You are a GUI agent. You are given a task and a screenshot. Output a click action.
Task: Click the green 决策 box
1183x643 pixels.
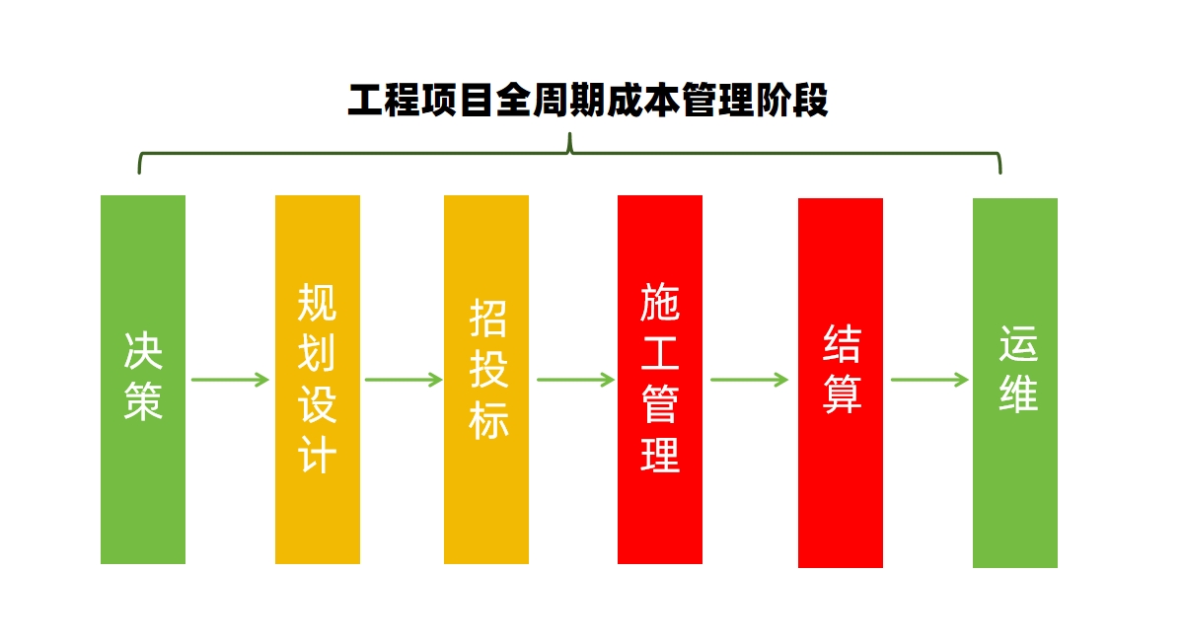click(143, 379)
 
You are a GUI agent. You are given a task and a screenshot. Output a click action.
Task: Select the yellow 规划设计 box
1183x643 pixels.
click(318, 379)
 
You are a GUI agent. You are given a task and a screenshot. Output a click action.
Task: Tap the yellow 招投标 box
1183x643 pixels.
click(485, 379)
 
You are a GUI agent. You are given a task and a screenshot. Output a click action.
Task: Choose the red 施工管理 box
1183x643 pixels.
click(660, 379)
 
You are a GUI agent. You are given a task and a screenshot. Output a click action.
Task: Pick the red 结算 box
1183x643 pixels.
click(841, 383)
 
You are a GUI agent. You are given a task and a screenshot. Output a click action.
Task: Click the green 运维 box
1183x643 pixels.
click(1014, 383)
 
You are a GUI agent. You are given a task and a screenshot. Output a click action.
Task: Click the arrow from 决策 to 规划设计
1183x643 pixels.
click(230, 379)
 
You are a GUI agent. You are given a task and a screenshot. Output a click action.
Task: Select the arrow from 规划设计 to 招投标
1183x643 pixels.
click(404, 379)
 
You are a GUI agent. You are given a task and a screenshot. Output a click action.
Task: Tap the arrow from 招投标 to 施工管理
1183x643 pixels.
click(575, 379)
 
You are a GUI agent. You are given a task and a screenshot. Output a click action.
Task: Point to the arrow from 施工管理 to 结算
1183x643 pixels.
click(749, 379)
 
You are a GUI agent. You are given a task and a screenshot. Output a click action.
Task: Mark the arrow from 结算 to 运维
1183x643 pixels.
click(929, 379)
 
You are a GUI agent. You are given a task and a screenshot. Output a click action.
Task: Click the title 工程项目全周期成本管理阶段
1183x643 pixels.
click(588, 101)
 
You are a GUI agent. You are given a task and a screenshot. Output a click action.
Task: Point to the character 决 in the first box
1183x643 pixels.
click(143, 351)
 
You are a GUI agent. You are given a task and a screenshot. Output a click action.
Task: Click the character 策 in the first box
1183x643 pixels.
click(143, 400)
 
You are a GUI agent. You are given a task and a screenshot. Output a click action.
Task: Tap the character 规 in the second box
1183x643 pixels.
click(317, 303)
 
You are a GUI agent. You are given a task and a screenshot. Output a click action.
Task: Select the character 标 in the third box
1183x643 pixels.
click(488, 420)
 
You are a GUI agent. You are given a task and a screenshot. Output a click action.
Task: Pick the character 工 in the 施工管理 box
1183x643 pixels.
click(660, 353)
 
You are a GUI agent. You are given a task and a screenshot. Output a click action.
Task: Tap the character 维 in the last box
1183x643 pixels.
click(1018, 394)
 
